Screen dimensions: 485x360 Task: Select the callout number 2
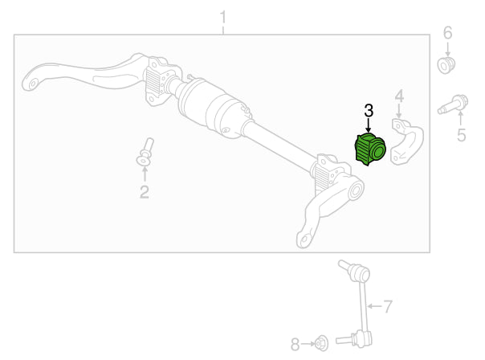pyautogui.click(x=145, y=192)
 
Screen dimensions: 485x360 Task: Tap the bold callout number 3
pyautogui.click(x=369, y=111)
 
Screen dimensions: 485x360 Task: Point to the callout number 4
pyautogui.click(x=399, y=96)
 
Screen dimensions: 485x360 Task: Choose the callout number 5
pyautogui.click(x=461, y=135)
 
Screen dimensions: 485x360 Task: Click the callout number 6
pyautogui.click(x=447, y=32)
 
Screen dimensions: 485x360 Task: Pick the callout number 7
pyautogui.click(x=388, y=306)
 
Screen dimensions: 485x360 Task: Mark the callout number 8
pyautogui.click(x=295, y=344)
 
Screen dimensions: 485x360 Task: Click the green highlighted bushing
pyautogui.click(x=370, y=149)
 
